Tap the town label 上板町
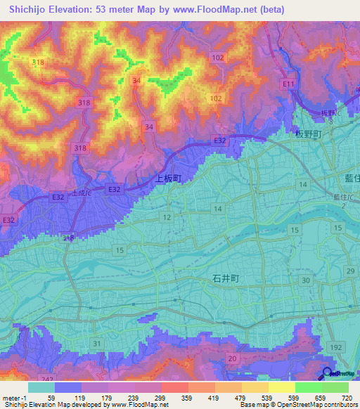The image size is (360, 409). pyautogui.click(x=168, y=178)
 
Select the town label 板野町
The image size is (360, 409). pyautogui.click(x=308, y=134)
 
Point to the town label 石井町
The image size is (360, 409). pyautogui.click(x=226, y=278)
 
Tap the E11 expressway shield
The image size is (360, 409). pyautogui.click(x=288, y=84)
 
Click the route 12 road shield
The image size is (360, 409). pyautogui.click(x=166, y=219)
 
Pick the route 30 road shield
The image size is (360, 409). pyautogui.click(x=305, y=280)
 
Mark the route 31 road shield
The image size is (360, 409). pyautogui.click(x=96, y=343)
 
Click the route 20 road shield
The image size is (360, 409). pyautogui.click(x=231, y=358)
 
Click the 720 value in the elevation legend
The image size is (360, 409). pyautogui.click(x=346, y=398)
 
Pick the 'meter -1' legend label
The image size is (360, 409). pyautogui.click(x=15, y=398)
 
